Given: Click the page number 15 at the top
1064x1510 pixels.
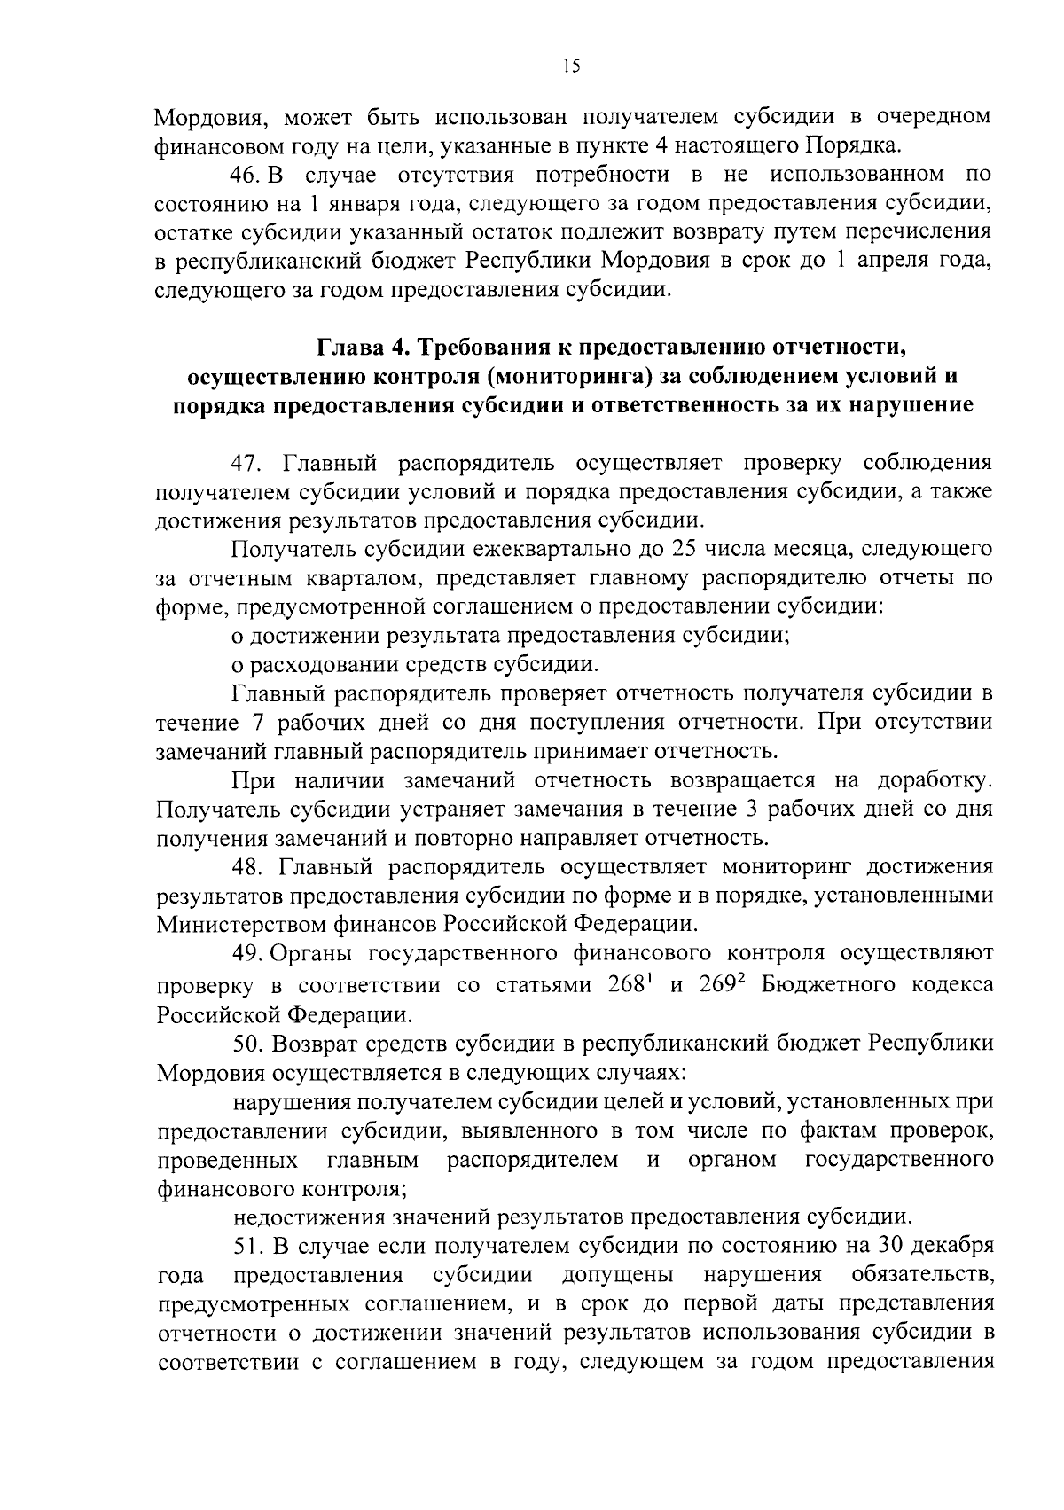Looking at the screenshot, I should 571,67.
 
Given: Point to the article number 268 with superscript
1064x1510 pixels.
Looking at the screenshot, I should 631,984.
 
